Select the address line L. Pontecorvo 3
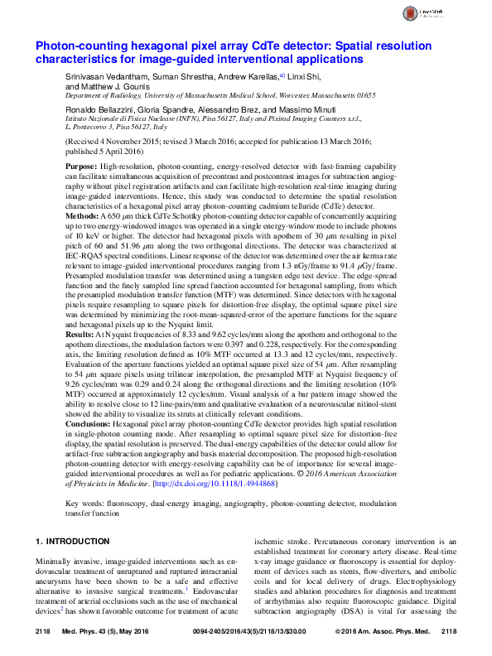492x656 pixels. [94, 128]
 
